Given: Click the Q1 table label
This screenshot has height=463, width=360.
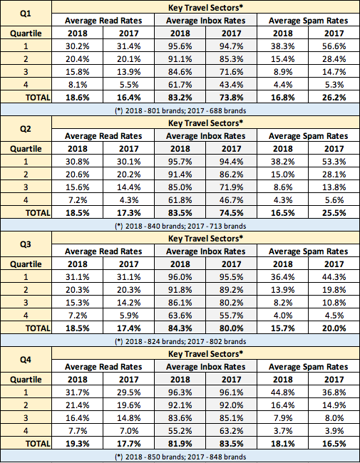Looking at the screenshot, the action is point(26,14).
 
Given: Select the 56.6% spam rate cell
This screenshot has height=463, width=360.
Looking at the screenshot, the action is point(334,46).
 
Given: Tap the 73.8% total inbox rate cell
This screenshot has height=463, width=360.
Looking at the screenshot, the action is point(232,98).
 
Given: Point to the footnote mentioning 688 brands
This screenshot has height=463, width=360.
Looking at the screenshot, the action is point(180,110).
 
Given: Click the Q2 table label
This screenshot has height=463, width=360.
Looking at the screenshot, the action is point(26,129).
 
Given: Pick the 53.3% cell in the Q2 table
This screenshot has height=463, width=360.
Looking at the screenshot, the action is point(334,162).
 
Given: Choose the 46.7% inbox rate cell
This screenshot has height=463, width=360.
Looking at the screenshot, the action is point(232,200).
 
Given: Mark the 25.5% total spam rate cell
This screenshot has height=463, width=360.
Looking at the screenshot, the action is point(334,213).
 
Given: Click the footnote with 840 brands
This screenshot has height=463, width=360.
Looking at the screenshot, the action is point(180,227).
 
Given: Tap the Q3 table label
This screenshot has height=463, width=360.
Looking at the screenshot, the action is point(26,244).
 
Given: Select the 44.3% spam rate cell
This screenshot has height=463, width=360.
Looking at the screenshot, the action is point(334,277).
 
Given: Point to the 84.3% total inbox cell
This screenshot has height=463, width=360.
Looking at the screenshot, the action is point(180,328).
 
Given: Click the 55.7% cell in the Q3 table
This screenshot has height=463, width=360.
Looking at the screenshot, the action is point(232,316).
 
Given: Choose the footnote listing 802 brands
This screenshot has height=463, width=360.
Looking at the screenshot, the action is point(180,342).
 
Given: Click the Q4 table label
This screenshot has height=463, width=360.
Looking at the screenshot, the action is point(26,360).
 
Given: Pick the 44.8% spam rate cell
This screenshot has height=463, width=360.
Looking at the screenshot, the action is point(283,392).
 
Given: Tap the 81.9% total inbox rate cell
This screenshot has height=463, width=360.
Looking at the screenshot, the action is point(180,444).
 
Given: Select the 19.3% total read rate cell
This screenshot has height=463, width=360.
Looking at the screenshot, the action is point(78,444).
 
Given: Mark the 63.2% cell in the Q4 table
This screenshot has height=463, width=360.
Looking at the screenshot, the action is point(232,431).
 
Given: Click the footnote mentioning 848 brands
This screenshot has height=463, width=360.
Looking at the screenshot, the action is point(180,457).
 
